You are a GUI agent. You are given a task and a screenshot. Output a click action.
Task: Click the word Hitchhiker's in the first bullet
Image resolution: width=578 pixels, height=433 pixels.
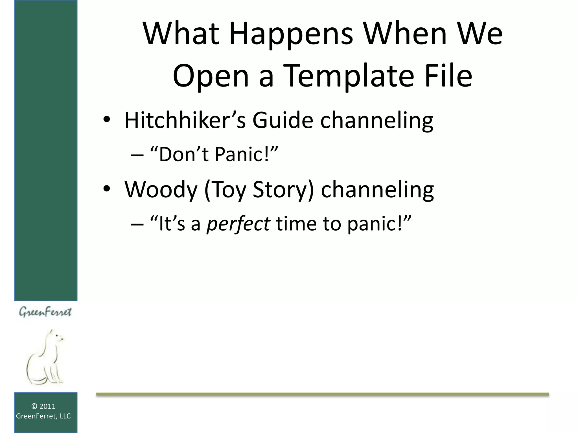tap(185, 120)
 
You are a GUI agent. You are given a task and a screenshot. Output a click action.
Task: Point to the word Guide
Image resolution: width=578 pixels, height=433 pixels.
tap(283, 120)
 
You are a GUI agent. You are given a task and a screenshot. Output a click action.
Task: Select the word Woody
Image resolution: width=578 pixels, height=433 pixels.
tap(161, 189)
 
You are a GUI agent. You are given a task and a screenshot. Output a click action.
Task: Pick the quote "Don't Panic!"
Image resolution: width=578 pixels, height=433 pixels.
tap(214, 155)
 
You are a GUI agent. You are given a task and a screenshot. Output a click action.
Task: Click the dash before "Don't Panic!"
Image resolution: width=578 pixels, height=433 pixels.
tap(137, 155)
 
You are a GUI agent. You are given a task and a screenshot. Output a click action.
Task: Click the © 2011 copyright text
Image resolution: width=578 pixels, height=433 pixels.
tap(43, 406)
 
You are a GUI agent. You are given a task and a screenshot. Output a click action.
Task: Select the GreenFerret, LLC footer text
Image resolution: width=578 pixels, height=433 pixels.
tap(43, 416)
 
